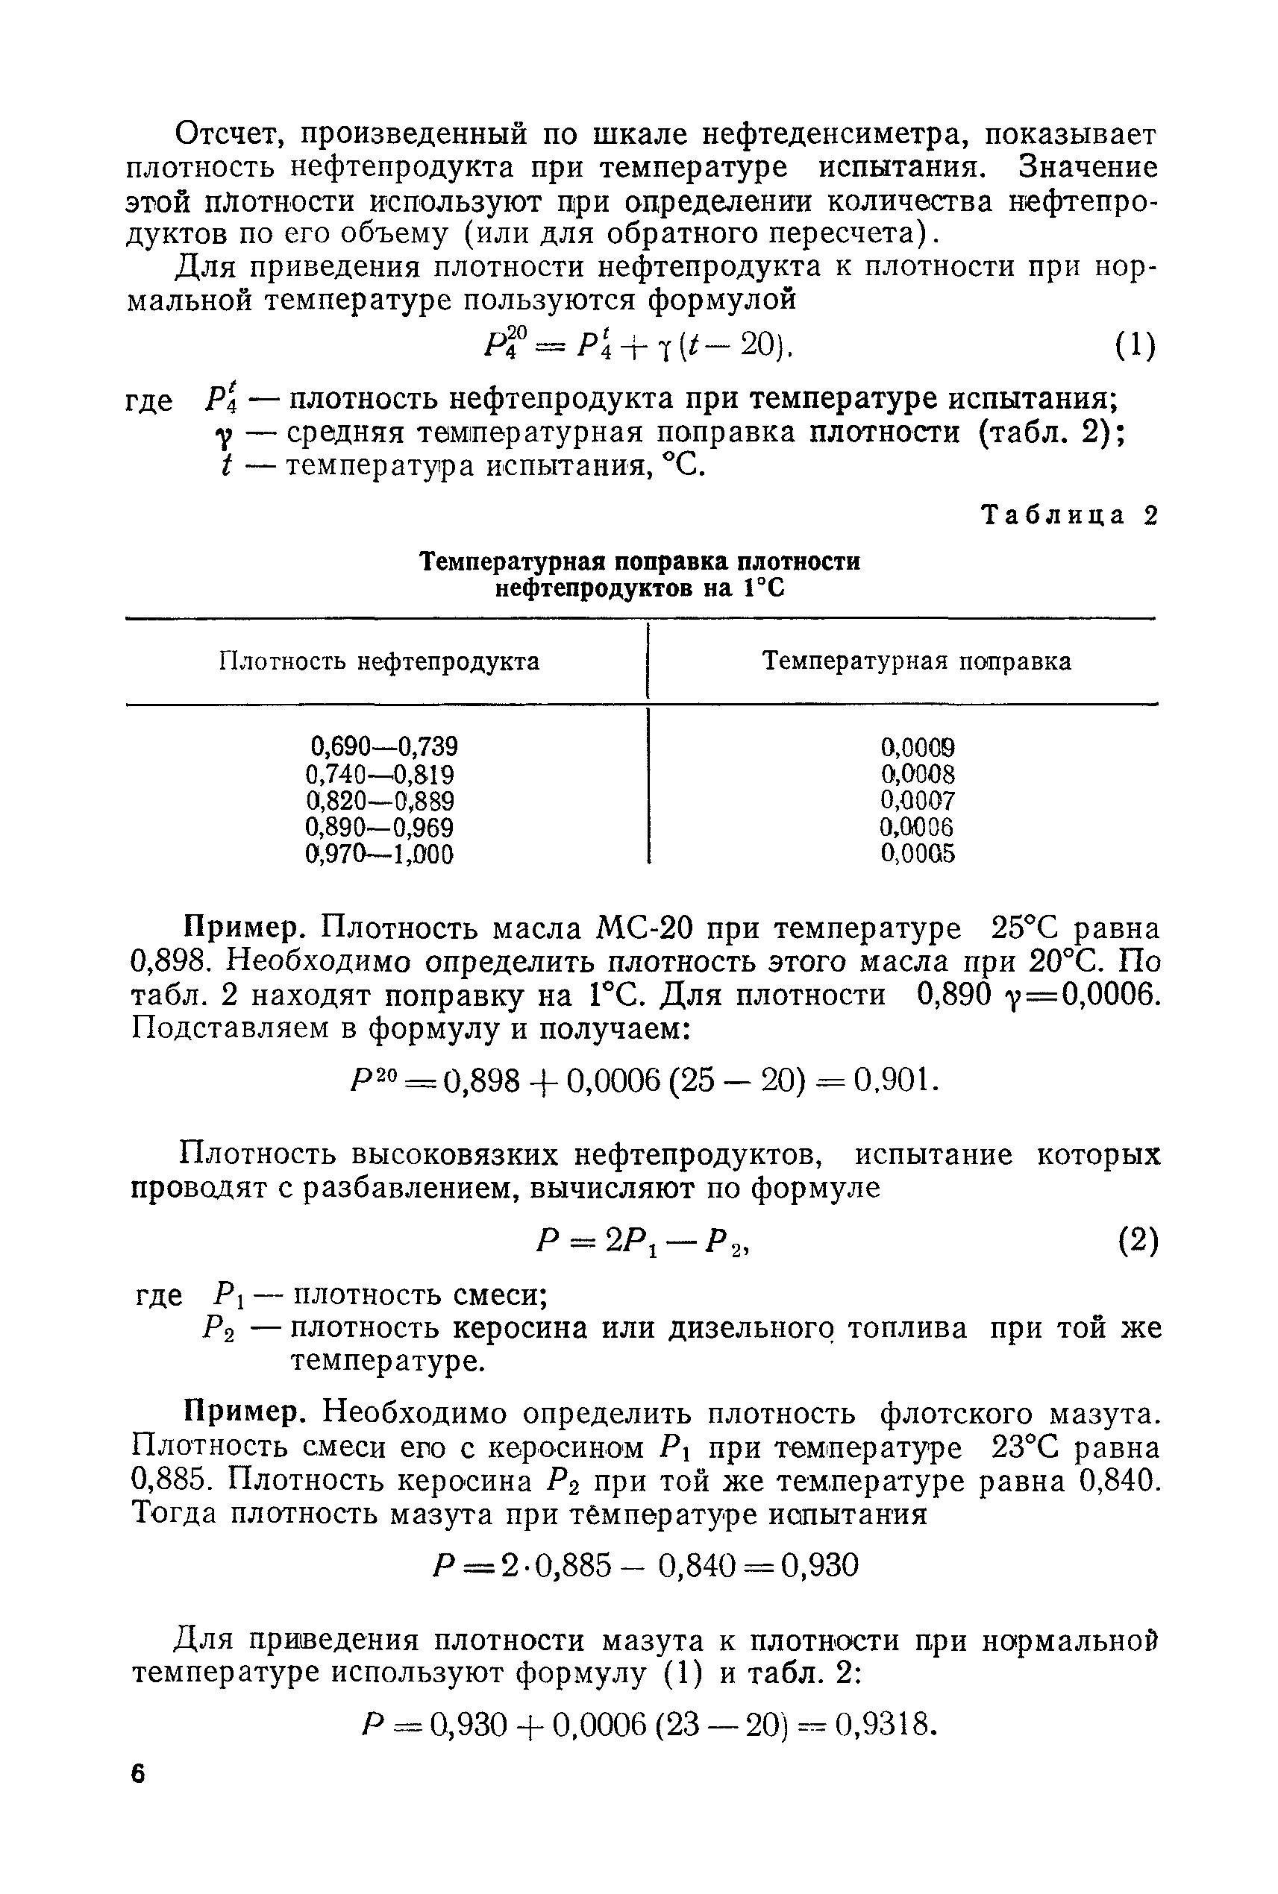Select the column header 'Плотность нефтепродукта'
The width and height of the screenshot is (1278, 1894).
click(379, 661)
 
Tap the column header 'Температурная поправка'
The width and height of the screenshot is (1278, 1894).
click(916, 661)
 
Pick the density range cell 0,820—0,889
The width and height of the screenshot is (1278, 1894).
click(380, 801)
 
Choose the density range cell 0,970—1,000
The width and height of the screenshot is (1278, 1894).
click(379, 855)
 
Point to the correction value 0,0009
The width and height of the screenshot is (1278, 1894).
click(918, 747)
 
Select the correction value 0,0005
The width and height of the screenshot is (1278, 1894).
click(917, 855)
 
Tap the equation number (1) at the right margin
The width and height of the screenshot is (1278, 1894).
click(1136, 347)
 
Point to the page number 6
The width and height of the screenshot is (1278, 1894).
click(138, 1774)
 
